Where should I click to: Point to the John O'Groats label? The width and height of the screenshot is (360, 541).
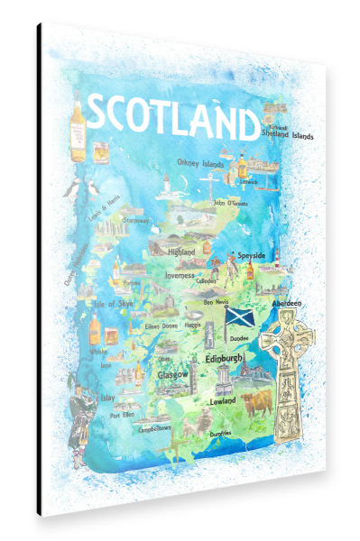(x=232, y=203)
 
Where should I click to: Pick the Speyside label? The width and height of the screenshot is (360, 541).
(x=251, y=256)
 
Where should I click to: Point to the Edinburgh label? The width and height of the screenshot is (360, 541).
(x=225, y=358)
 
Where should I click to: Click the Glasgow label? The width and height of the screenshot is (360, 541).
(x=172, y=373)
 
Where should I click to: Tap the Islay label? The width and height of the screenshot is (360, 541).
(x=106, y=395)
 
